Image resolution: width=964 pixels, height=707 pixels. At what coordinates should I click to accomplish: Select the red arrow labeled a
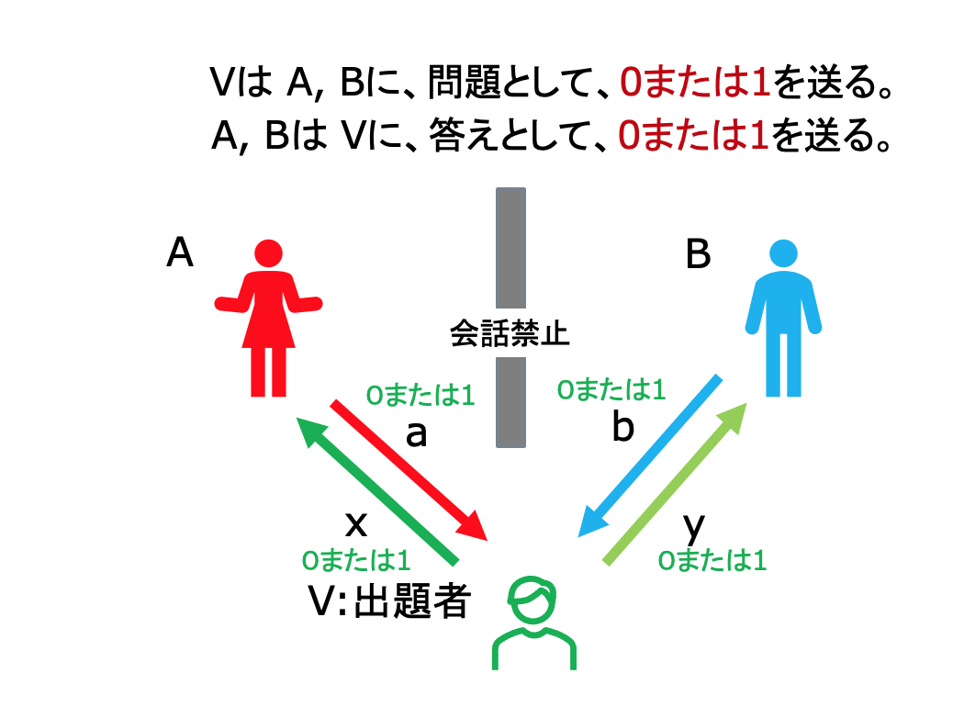point(409,471)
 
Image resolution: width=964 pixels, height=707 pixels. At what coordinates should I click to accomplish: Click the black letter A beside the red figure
point(180,252)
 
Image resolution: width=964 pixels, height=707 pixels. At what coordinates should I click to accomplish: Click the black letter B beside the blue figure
point(698,253)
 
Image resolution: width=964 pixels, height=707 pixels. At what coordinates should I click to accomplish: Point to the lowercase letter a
point(416,433)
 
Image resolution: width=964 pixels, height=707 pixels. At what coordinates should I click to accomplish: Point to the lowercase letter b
point(622,425)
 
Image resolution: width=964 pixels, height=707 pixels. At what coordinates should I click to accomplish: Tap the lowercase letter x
point(356,524)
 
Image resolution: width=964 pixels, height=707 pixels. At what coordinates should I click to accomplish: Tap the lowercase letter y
point(694,527)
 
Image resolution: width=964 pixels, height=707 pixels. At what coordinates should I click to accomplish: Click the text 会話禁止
point(510,333)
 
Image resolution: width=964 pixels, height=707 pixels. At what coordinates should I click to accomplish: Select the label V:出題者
point(389,600)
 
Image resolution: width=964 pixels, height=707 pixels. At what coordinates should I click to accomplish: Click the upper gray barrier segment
point(510,248)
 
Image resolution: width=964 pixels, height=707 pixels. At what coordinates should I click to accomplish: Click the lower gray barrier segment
point(510,402)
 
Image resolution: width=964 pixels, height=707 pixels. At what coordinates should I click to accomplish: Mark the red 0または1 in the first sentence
point(695,82)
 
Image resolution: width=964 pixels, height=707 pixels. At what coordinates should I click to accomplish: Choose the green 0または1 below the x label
point(356,560)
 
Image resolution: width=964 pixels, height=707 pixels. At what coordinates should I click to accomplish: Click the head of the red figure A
point(269,252)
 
